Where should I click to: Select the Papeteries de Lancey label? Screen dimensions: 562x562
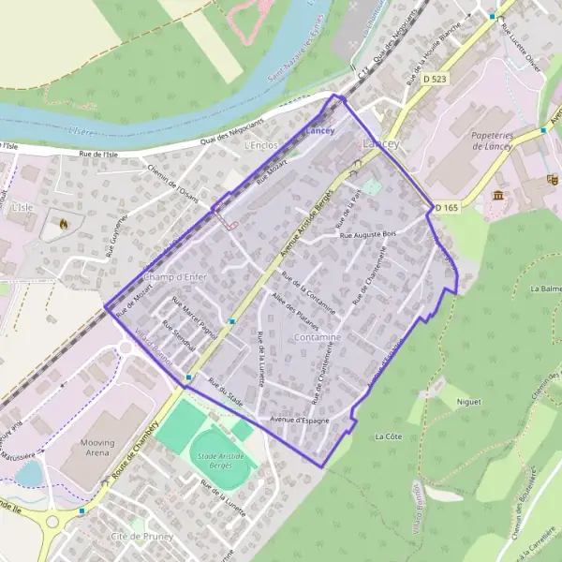[x=503, y=140]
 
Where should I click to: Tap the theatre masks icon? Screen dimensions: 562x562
[x=553, y=178]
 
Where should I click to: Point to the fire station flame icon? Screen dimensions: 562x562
[x=63, y=224]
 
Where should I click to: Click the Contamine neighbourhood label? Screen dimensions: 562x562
[x=317, y=335]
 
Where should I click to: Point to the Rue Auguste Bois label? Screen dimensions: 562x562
[x=368, y=234]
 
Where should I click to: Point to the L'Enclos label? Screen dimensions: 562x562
[x=261, y=147]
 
